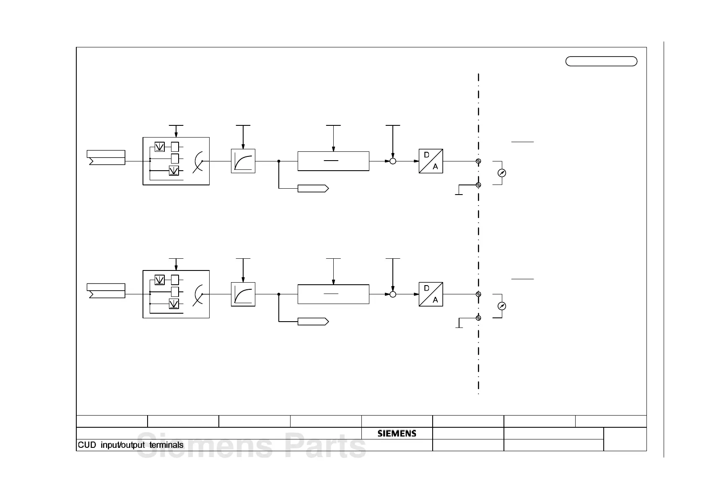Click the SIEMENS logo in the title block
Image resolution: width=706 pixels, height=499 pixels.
coord(397,434)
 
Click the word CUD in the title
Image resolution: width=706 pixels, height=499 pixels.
coord(87,445)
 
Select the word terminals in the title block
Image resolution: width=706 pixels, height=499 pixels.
coord(166,445)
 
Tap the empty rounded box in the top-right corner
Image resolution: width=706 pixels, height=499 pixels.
coord(601,61)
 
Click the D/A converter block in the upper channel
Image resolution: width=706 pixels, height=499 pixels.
coord(431,161)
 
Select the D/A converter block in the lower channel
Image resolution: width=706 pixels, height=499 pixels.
coord(431,294)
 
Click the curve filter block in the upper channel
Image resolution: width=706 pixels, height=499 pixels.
coord(243,161)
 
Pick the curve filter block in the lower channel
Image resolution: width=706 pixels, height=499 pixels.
coord(243,294)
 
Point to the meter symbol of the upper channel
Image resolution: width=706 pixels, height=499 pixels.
coord(501,173)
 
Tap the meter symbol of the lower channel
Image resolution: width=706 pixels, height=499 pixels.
coord(501,306)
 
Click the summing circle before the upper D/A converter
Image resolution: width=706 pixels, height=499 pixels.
coord(393,161)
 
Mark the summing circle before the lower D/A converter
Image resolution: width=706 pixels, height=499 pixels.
coord(393,294)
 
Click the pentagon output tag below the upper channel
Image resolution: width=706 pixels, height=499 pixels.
coord(313,188)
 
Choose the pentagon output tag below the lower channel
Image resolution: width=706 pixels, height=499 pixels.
coord(313,322)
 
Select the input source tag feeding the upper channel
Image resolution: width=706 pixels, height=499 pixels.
coord(106,157)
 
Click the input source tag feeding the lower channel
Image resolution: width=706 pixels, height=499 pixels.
coord(106,291)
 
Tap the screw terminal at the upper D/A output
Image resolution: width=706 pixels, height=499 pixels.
coord(478,161)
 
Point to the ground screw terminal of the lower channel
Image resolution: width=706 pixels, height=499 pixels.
coord(478,318)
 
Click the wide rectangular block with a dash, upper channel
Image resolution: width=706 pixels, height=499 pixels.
coord(333,161)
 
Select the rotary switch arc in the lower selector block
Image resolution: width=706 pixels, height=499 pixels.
coord(198,294)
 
